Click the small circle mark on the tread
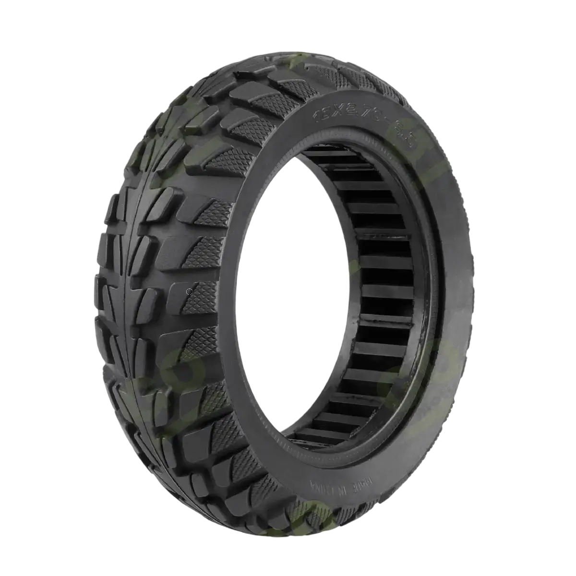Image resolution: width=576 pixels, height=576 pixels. coord(190,291)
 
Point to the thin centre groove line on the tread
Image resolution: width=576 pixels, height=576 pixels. coord(126,288)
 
